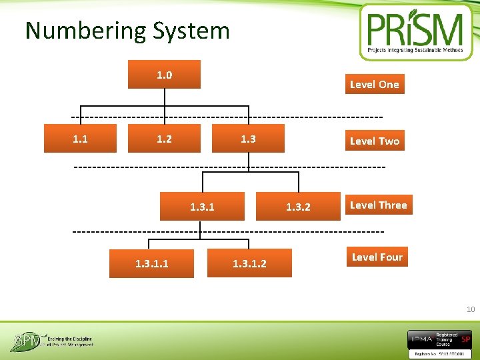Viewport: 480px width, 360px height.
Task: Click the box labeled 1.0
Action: (164, 75)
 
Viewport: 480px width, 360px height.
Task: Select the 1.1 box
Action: (80, 139)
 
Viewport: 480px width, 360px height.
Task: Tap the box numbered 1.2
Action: (164, 139)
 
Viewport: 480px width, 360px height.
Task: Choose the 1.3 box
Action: (248, 139)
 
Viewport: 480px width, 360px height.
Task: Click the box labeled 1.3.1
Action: (202, 207)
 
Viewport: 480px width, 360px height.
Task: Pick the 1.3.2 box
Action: (298, 207)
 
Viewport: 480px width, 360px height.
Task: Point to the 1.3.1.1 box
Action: (151, 263)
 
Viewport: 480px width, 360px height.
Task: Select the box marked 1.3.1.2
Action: (249, 263)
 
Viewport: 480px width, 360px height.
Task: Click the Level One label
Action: (374, 85)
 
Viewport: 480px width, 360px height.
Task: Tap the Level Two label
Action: (374, 141)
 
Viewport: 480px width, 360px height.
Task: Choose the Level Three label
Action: (378, 205)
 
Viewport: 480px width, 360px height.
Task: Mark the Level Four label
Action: (377, 257)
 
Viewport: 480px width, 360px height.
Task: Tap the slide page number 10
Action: (471, 309)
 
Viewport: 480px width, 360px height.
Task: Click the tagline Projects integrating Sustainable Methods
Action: (415, 50)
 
